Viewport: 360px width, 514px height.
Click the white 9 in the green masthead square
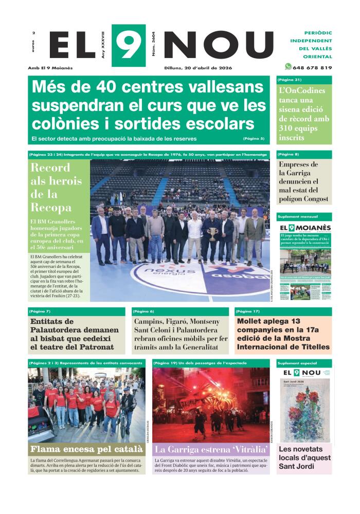tap(128, 45)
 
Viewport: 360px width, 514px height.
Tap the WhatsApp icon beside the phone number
tap(288, 67)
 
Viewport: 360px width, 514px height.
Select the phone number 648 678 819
tap(312, 67)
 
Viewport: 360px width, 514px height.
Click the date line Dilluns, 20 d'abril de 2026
tap(198, 67)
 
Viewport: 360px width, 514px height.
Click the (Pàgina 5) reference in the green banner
tap(254, 139)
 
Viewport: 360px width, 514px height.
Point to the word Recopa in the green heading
tap(51, 208)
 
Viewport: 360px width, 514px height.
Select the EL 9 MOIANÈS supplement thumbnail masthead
tap(305, 228)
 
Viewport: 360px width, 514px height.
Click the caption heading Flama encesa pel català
tap(86, 449)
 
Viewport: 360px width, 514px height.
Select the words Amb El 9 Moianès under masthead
tap(50, 67)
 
